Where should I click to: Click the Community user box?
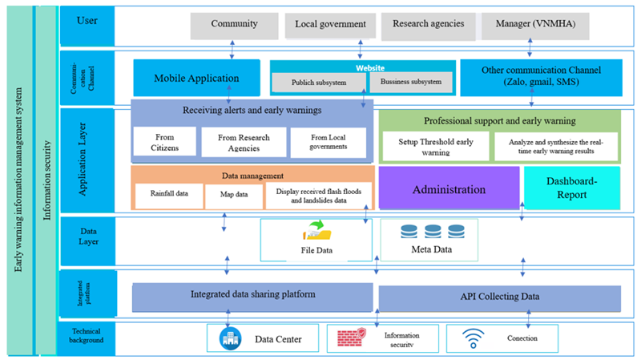click(x=234, y=26)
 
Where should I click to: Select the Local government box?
click(x=330, y=26)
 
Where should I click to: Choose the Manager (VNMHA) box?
click(x=535, y=26)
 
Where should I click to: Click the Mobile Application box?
click(x=197, y=79)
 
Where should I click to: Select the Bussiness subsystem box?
click(x=411, y=82)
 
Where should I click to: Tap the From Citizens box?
click(x=165, y=143)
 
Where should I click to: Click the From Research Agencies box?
click(x=244, y=143)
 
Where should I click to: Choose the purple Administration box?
click(x=449, y=190)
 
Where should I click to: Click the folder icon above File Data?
click(x=316, y=233)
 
